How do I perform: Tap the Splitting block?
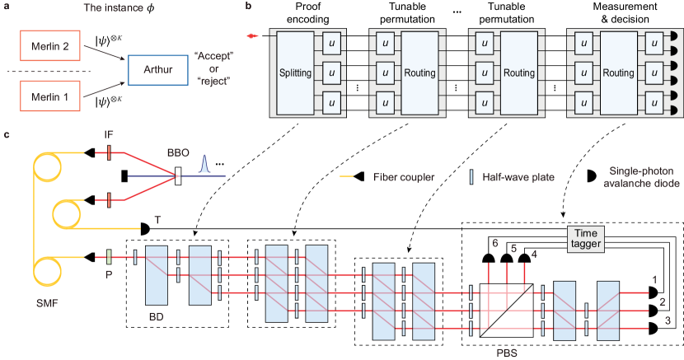(x=296, y=73)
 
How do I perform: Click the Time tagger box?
(x=586, y=238)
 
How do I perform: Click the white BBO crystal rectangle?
(x=178, y=175)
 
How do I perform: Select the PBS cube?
(x=507, y=306)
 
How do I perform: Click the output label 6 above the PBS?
(x=494, y=244)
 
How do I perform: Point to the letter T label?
(x=156, y=221)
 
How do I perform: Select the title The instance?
(x=112, y=9)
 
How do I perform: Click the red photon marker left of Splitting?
(x=255, y=35)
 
